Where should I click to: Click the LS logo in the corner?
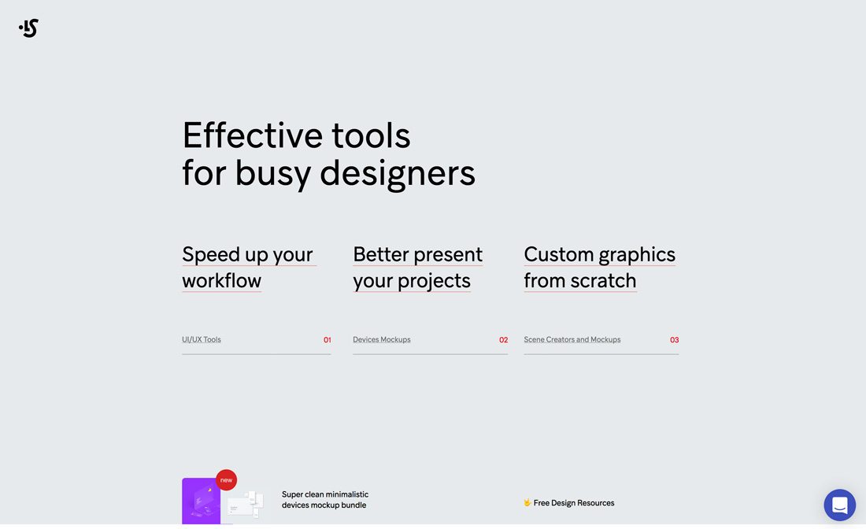(x=29, y=28)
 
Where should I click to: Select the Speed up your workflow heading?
(x=247, y=267)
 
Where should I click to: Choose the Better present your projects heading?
(x=417, y=267)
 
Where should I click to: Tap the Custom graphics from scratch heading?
(x=599, y=267)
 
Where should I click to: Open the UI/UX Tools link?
(x=202, y=340)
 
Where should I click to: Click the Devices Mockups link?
(x=382, y=340)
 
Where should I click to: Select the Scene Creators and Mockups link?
(x=572, y=340)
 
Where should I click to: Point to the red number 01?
(x=328, y=340)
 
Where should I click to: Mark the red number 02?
(x=504, y=340)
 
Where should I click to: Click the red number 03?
(x=675, y=340)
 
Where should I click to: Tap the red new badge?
(x=227, y=480)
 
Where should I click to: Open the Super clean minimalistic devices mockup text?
(x=325, y=500)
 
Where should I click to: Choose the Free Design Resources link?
(x=574, y=503)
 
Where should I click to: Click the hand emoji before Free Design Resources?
(x=527, y=503)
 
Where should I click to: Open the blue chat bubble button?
(x=840, y=505)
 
